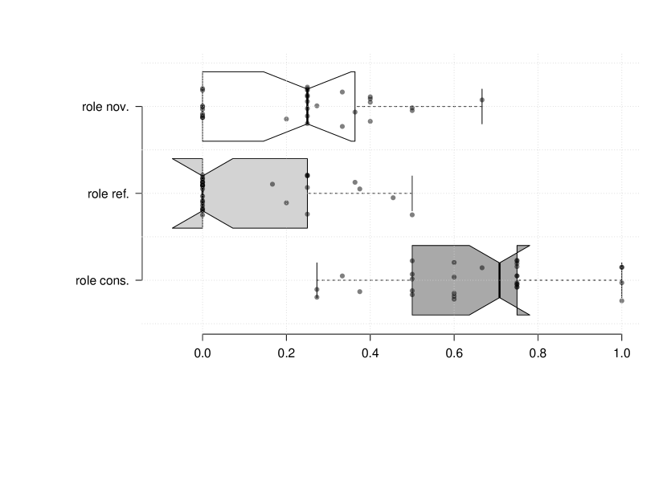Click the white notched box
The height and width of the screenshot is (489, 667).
pos(241,106)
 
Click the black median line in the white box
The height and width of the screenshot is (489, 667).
pos(307,106)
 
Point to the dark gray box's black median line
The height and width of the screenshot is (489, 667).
pos(499,279)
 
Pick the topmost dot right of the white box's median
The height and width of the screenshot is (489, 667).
pos(342,92)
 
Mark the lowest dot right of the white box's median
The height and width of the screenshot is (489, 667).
pos(342,126)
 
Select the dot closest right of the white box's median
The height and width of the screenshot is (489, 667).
pos(317,106)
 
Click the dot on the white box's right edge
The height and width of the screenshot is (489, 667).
pos(354,112)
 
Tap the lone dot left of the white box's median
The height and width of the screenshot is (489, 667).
pos(286,119)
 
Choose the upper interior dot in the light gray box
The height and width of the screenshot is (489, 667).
pos(272,184)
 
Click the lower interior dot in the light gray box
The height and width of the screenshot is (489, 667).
pos(286,202)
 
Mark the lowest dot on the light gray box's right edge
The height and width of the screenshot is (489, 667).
pos(306,214)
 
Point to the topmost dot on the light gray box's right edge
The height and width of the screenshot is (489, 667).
pos(306,175)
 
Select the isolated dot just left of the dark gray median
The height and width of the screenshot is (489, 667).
pos(481,267)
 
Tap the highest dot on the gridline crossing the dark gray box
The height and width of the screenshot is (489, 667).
pos(453,262)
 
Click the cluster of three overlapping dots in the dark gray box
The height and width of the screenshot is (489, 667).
pos(453,295)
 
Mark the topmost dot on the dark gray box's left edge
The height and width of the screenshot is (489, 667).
pos(412,261)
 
